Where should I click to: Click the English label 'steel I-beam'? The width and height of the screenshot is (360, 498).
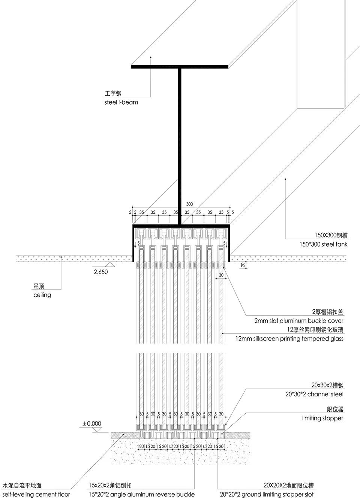point(121,102)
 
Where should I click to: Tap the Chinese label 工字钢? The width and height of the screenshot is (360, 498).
point(113,93)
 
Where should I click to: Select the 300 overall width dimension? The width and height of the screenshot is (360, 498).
point(189,204)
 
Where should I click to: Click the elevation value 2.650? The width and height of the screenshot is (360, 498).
point(101,272)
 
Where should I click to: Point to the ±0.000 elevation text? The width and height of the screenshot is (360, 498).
point(92,423)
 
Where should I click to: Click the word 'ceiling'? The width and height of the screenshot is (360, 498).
point(42,295)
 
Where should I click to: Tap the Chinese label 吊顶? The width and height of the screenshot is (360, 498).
point(39,286)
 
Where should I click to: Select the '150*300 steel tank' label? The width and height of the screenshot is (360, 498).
point(323,244)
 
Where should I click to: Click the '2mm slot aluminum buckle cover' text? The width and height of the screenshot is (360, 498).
point(298,321)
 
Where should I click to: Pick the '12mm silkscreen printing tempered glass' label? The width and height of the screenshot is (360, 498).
point(289,339)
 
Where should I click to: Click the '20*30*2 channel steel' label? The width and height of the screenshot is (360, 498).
point(314,394)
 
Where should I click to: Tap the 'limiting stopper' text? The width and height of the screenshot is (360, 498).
point(322,418)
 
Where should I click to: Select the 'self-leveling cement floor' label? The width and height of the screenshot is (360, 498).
point(36,495)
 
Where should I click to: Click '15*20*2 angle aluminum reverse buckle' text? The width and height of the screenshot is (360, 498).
point(142,495)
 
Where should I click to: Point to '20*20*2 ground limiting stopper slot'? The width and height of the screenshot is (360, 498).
point(267,495)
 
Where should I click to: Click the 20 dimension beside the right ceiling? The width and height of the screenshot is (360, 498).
point(243,265)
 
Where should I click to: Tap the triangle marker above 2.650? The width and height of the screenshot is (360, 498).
point(110,264)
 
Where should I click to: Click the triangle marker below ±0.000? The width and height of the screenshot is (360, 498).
point(96,430)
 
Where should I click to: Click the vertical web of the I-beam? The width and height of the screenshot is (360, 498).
point(179,146)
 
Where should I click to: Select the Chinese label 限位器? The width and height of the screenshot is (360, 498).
point(335,409)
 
